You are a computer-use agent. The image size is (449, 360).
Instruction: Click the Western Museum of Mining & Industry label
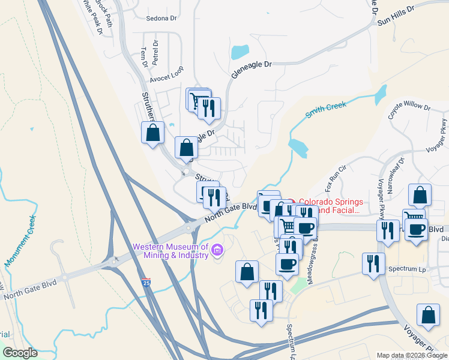point(171,251)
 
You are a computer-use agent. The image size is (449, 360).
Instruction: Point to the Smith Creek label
point(326,110)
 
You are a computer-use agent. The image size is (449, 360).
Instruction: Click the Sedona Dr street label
point(161,18)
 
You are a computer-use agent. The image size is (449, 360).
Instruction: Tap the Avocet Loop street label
point(166,77)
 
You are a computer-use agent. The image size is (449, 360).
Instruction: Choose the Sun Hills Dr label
point(396,17)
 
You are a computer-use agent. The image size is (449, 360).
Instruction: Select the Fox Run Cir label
point(337,175)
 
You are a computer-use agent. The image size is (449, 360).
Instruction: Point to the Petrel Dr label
point(155,52)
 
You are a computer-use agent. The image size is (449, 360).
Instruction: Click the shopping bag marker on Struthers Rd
point(152,133)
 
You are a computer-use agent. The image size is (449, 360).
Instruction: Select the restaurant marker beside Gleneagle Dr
point(208,108)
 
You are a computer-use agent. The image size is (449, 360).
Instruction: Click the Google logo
point(20,353)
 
